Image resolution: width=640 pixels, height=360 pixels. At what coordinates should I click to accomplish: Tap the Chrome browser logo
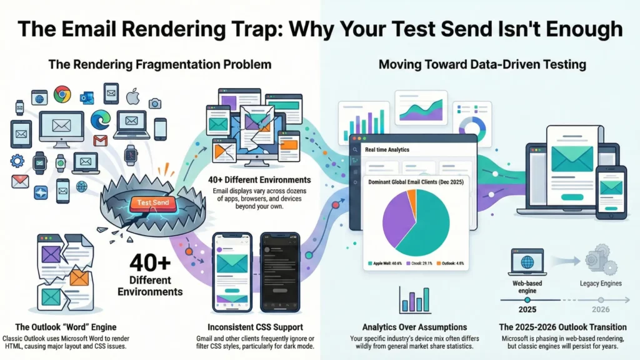click(62, 94)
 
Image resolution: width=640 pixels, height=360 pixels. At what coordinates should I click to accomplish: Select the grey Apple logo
click(132, 97)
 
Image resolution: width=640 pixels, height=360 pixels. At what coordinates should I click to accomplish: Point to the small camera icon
click(154, 103)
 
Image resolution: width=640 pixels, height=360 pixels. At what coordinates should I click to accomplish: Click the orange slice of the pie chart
click(411, 201)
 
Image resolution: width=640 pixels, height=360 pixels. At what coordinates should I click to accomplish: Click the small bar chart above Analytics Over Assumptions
click(415, 300)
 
